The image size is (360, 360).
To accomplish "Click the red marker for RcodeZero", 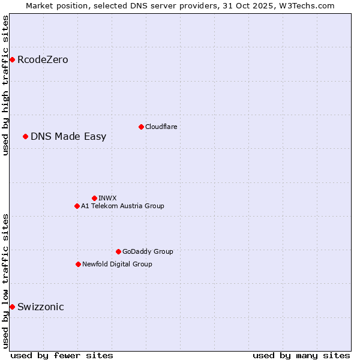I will click(x=12, y=59).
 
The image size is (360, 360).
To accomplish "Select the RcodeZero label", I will click(x=43, y=60).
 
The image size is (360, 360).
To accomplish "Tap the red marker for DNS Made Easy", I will click(x=25, y=136).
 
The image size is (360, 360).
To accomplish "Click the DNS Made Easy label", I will click(x=68, y=137).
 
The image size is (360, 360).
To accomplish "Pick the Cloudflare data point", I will click(x=141, y=127).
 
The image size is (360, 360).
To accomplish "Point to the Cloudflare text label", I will click(x=161, y=127).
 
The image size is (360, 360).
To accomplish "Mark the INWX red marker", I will click(x=94, y=198).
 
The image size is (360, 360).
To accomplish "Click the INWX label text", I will click(x=107, y=198).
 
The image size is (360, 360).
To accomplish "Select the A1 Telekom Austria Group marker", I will click(x=77, y=206).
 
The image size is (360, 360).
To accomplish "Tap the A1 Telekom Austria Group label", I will click(x=122, y=206).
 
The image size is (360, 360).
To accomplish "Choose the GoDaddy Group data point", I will click(x=118, y=251).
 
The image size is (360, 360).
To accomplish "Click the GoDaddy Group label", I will click(x=148, y=251).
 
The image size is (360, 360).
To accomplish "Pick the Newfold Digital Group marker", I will click(x=78, y=264).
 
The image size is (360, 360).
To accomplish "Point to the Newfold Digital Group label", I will click(x=117, y=264).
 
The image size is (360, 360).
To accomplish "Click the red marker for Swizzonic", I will click(x=12, y=307).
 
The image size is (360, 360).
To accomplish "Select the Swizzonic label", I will click(x=41, y=307).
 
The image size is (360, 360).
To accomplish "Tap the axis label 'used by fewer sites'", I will click(x=62, y=355).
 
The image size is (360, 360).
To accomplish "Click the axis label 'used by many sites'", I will click(x=301, y=355).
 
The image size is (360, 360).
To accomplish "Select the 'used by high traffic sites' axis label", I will click(x=5, y=85).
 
